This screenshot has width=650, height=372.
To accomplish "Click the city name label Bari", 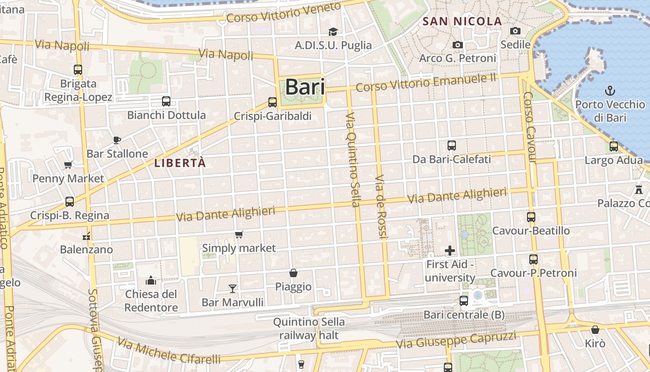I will pos(305,87).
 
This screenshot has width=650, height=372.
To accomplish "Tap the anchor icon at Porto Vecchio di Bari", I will pos(610,91).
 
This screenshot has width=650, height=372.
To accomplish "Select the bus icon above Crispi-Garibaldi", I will pos(273,102).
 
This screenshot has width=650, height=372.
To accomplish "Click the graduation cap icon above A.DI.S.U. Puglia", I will pos(333,32).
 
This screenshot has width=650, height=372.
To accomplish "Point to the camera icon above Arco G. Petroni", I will pos(458,45).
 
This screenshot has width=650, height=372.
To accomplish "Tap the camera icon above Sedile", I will pos(515,31).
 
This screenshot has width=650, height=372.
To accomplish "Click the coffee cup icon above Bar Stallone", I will pos(117,140).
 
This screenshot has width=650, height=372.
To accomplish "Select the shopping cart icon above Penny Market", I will pos(68,165).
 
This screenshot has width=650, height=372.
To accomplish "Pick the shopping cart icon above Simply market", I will pos(239,234).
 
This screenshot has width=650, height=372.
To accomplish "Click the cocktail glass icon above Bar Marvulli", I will pos(233,289).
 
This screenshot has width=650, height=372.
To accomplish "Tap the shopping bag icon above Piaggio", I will pos(293,272).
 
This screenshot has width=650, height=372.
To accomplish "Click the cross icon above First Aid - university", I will pos(449,251).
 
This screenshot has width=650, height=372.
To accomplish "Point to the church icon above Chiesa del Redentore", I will pos(151,280).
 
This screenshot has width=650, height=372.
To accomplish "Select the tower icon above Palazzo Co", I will pos(639,189).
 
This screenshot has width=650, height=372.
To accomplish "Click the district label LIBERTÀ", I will pos(180,163).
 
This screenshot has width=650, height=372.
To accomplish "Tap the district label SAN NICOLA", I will pos(462,21).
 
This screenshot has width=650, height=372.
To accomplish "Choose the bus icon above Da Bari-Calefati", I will pos(451,146).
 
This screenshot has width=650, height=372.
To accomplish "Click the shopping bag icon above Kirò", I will pos(595,330).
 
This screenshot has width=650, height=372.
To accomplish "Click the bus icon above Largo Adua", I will pos(614,146).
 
